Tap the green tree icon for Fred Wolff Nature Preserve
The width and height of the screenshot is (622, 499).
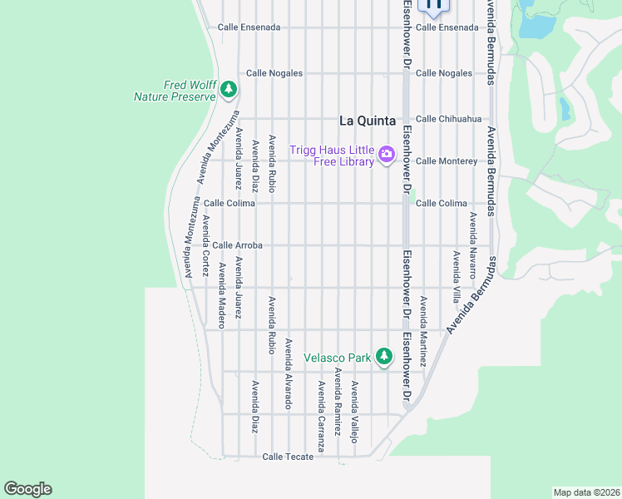click(x=229, y=90)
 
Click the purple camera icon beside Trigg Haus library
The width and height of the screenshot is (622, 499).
click(x=386, y=154)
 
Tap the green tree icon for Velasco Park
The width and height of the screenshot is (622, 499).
click(x=383, y=357)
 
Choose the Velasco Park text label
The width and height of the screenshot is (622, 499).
click(x=338, y=358)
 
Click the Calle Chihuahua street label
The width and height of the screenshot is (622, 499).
click(x=448, y=119)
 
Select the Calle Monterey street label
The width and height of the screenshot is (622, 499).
click(x=447, y=161)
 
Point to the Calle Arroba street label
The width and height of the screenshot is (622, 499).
click(x=237, y=245)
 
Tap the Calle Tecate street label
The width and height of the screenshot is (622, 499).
click(x=288, y=457)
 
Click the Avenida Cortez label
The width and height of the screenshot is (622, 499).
click(x=205, y=246)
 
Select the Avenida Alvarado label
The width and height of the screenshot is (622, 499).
click(x=289, y=373)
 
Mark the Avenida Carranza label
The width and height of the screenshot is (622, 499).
click(x=321, y=410)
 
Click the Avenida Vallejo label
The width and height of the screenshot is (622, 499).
click(x=354, y=412)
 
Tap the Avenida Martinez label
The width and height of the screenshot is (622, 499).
click(x=422, y=332)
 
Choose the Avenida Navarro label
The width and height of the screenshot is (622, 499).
click(x=472, y=245)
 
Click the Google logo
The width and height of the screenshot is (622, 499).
click(x=27, y=489)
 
